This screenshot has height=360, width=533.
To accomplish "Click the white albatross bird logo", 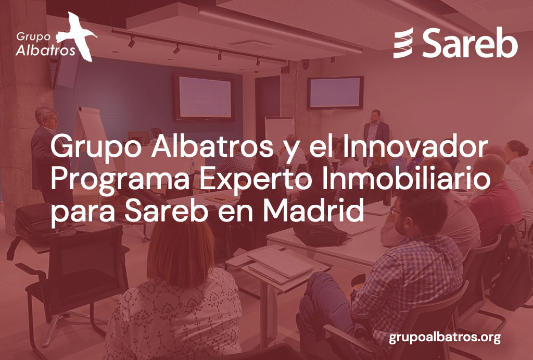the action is coord(78,36).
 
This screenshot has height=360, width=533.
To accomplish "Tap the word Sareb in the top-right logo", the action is coord(470,43).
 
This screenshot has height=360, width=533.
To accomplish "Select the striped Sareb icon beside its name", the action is coord(403,43).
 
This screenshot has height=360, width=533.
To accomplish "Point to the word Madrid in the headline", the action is coord(313,210).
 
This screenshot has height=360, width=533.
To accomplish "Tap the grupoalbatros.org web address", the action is coord(445,338).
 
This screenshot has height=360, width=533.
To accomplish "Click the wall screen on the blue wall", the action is coord(204,97).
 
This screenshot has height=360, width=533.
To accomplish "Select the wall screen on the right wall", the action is coord(335,93).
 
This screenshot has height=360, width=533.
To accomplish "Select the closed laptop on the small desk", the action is coord(280,263).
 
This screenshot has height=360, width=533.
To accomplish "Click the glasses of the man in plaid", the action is coord(395,211).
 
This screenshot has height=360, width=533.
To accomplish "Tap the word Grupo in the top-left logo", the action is coord(33,36).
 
